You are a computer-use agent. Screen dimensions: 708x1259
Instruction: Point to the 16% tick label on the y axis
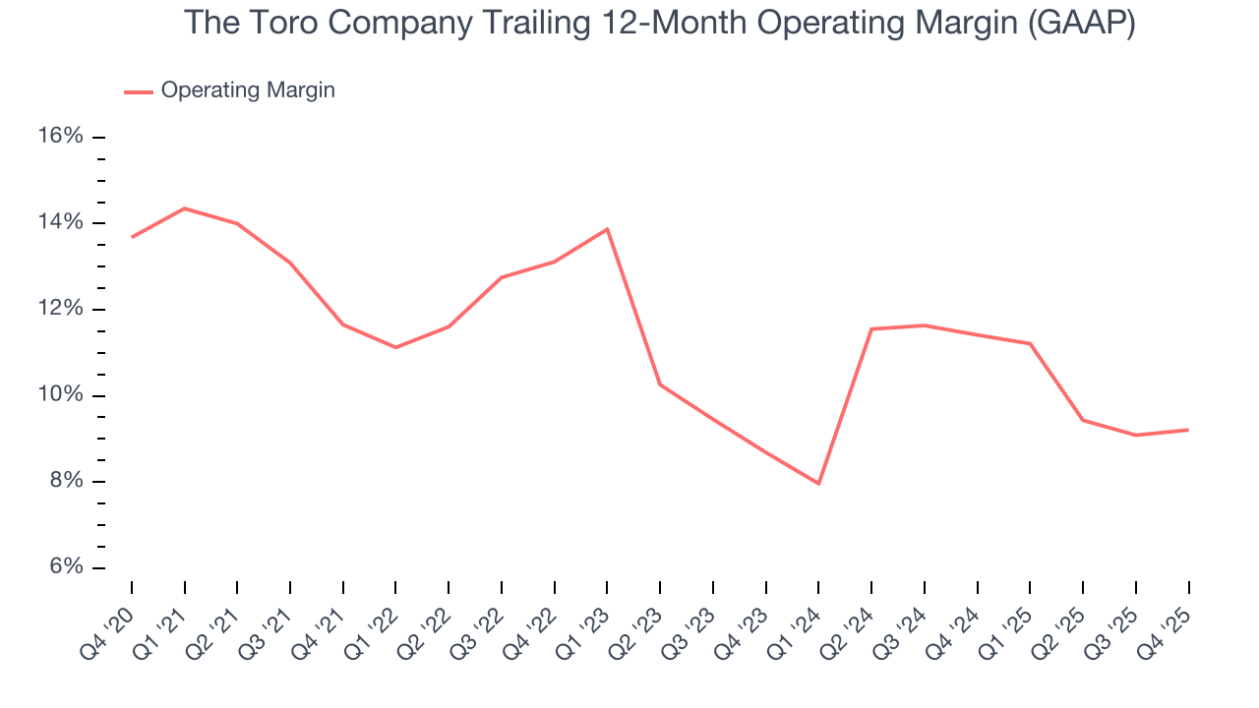pos(60,136)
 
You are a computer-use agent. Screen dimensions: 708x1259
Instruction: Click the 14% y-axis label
pos(60,222)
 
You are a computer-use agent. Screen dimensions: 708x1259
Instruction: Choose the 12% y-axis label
pos(60,309)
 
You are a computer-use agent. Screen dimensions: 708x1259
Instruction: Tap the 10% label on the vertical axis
pos(60,395)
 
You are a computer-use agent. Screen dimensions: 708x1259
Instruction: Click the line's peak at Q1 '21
pos(185,208)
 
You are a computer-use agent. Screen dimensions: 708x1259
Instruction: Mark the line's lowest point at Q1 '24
pos(818,484)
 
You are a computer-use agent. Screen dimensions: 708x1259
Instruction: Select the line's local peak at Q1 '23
pos(607,229)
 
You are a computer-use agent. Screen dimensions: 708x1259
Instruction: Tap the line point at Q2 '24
pos(871,328)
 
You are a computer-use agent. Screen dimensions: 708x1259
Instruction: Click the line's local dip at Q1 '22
pos(395,347)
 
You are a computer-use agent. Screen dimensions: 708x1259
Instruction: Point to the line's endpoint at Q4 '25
pos(1188,430)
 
